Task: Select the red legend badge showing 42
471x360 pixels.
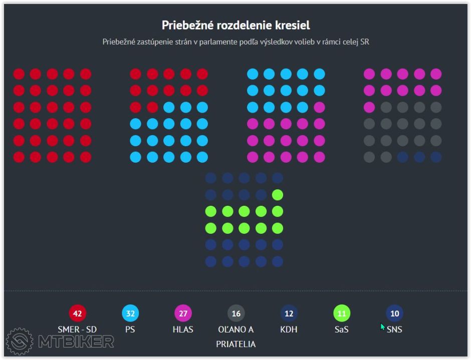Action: (x=77, y=314)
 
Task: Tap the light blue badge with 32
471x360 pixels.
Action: (x=130, y=314)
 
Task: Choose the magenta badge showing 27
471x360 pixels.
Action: (x=183, y=314)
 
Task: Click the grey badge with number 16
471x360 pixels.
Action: (x=236, y=314)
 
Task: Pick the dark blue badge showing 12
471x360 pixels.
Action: (x=289, y=314)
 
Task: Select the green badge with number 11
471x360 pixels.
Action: (x=342, y=314)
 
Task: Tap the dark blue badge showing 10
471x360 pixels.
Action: (x=395, y=314)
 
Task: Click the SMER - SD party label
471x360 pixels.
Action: (x=77, y=329)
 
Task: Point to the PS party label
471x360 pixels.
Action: (x=130, y=329)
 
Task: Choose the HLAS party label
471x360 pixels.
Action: (x=183, y=329)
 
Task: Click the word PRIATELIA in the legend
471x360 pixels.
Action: (x=236, y=344)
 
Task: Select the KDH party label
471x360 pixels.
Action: (x=289, y=329)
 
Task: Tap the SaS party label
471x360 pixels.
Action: (x=342, y=329)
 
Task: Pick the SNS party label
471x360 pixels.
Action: (x=395, y=329)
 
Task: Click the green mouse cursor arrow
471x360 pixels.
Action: (x=382, y=327)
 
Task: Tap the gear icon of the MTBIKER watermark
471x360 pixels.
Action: (x=19, y=341)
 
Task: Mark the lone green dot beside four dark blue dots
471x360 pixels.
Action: (x=278, y=195)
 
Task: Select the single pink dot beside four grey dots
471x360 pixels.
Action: (x=369, y=107)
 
